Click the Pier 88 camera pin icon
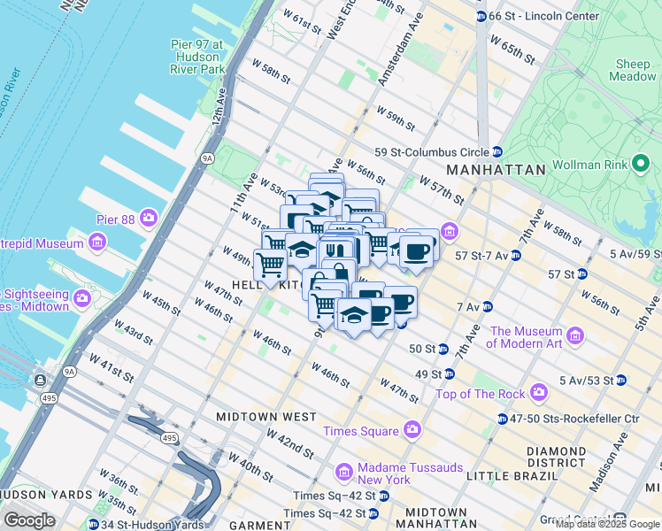[148, 217]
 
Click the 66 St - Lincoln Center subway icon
[481, 16]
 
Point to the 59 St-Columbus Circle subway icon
[497, 151]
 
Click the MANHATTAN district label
[495, 169]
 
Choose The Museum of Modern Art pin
[575, 335]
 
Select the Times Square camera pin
[412, 430]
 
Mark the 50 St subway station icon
[443, 349]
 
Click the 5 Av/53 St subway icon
[621, 381]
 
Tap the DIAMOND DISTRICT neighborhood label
[556, 458]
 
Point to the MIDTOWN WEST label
[266, 416]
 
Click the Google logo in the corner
[29, 520]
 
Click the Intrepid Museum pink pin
[96, 242]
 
